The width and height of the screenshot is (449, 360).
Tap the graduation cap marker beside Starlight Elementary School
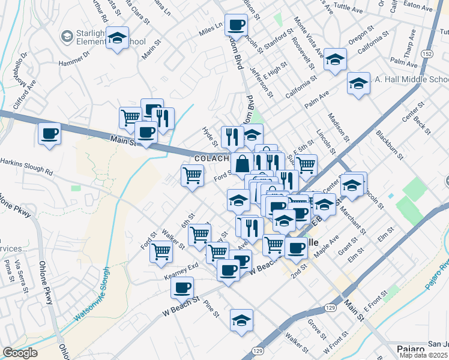[x=118, y=38]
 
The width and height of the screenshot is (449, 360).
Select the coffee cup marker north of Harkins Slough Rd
[x=50, y=133]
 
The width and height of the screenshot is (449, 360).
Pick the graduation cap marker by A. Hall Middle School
[x=358, y=83]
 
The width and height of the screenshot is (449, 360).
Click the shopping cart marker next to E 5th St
[x=306, y=164]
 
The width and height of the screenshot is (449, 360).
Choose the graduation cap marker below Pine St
[x=241, y=320]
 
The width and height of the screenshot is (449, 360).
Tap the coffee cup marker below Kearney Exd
[x=182, y=287]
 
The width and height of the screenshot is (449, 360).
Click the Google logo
[x=20, y=353]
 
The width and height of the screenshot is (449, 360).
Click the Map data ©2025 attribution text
[x=424, y=355]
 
